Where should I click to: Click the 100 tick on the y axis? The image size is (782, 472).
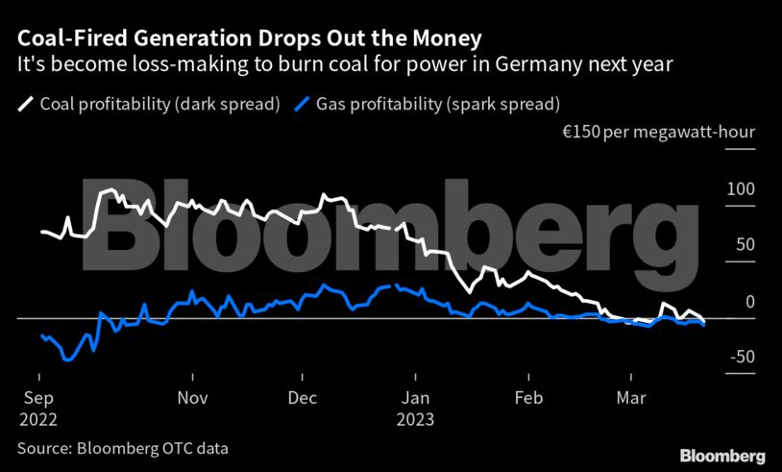tap(741, 189)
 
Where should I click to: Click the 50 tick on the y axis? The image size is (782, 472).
tap(745, 245)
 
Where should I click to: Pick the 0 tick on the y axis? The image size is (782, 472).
tap(750, 302)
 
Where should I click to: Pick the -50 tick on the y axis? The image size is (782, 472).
tap(741, 358)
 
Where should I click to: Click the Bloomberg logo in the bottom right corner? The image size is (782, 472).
tap(721, 455)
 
